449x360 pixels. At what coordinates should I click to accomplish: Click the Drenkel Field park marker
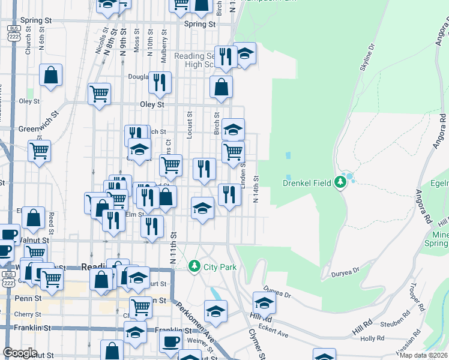(x=341, y=182)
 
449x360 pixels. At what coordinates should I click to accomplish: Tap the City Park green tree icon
(x=194, y=266)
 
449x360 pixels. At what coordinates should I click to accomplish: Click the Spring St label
(x=199, y=24)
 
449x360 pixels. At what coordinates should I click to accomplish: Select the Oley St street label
(x=152, y=104)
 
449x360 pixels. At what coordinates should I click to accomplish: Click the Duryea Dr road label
(x=345, y=274)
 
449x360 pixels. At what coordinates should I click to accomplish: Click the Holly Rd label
(x=372, y=338)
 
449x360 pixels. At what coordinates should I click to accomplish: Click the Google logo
(x=20, y=353)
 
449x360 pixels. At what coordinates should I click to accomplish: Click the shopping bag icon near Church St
(x=51, y=76)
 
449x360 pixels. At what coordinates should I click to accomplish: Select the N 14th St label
(x=256, y=190)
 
